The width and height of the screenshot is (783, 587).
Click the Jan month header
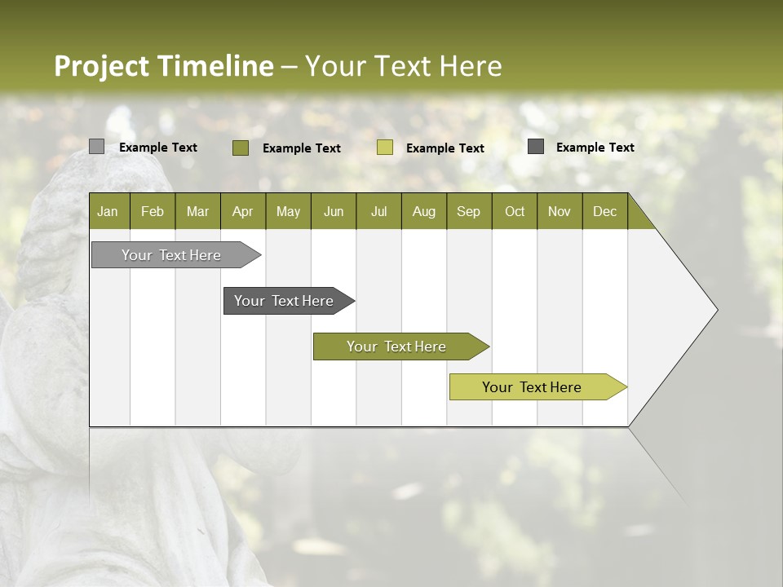(x=108, y=211)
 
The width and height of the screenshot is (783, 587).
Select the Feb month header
(x=153, y=211)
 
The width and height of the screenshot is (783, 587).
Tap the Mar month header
(x=197, y=211)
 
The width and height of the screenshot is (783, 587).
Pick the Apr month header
(x=243, y=211)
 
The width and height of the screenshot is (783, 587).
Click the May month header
(x=288, y=211)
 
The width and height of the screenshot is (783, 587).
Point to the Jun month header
(x=334, y=211)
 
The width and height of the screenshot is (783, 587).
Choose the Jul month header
(x=378, y=211)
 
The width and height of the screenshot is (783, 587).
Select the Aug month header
(x=424, y=211)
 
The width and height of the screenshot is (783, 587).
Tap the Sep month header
(x=469, y=211)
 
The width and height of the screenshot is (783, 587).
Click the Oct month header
(x=515, y=211)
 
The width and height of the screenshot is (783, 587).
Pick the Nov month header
(x=560, y=211)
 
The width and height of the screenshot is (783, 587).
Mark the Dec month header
(x=605, y=211)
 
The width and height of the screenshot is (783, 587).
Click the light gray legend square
(x=96, y=147)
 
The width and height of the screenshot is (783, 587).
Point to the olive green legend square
(x=241, y=148)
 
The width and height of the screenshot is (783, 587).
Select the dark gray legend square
(x=536, y=147)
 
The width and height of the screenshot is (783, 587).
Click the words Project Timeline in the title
(x=164, y=66)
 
